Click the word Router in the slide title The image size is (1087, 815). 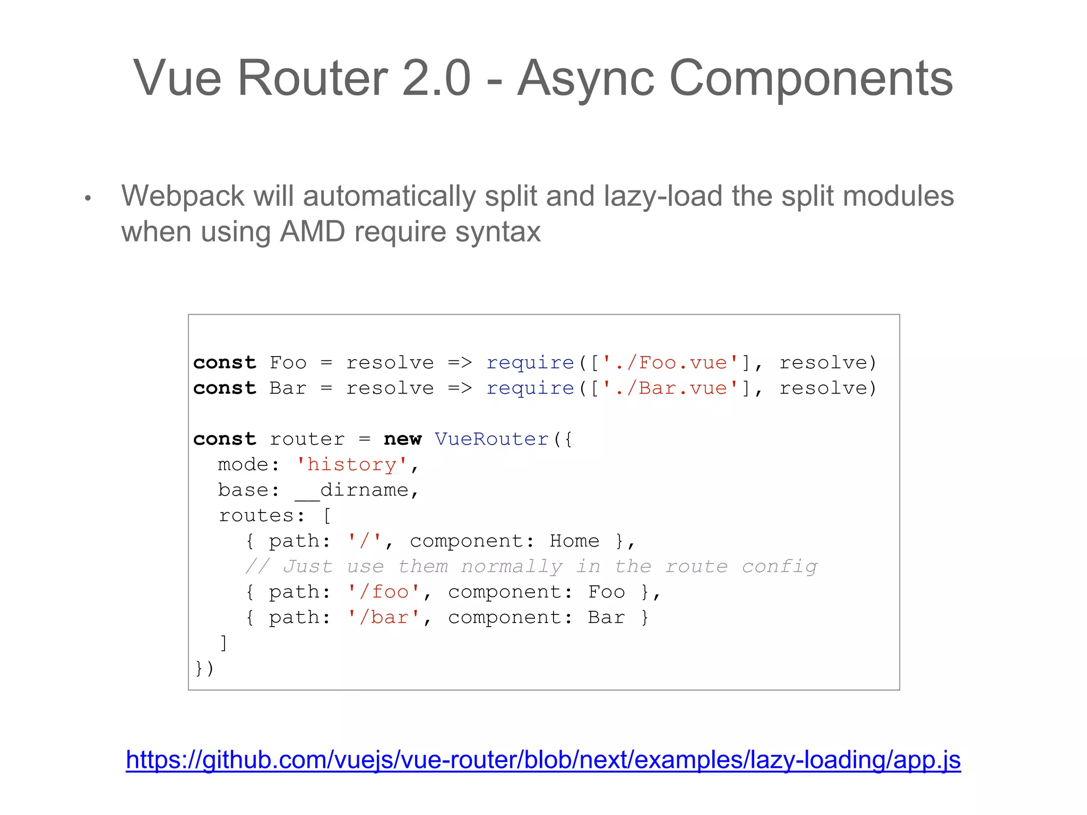[x=313, y=79]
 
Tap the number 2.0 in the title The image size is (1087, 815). [x=436, y=79]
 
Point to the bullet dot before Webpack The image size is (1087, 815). [x=88, y=198]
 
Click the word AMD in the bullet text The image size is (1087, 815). [x=313, y=232]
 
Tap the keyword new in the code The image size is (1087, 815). [x=402, y=439]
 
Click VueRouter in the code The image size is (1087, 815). [x=491, y=439]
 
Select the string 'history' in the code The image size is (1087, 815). [x=351, y=465]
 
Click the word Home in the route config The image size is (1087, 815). [x=574, y=541]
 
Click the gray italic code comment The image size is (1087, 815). [x=531, y=567]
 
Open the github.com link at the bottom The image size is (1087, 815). [x=543, y=760]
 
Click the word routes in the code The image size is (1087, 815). [x=256, y=516]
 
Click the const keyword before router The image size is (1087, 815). [x=225, y=439]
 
